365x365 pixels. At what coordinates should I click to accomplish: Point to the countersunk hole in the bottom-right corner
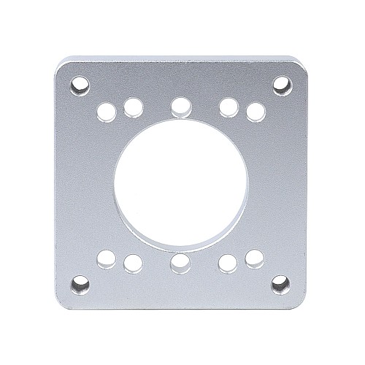[280, 281]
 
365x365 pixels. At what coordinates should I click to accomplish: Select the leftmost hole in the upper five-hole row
[107, 111]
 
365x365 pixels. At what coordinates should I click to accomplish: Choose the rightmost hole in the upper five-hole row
[254, 111]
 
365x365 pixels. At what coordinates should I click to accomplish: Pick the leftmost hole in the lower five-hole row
[107, 257]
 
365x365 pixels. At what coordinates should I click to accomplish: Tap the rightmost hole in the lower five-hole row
[254, 258]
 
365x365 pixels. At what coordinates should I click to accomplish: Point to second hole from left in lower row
[132, 261]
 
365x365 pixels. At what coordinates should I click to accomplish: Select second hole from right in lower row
[228, 261]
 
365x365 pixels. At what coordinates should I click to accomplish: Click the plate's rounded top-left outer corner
[60, 64]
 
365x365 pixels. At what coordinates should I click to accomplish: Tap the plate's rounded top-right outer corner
[301, 64]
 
